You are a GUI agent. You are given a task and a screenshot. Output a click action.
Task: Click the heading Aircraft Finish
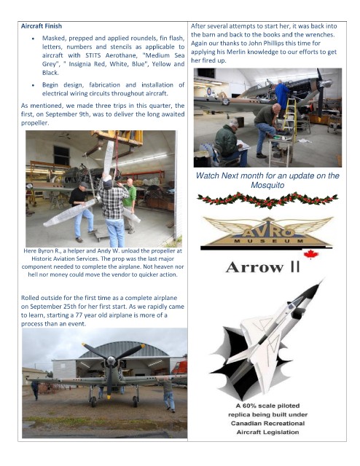(42, 26)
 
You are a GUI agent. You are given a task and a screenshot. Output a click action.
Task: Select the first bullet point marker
(33, 39)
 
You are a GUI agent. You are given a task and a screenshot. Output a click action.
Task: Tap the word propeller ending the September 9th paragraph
(35, 123)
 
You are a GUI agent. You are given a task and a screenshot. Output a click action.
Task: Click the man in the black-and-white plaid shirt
(113, 211)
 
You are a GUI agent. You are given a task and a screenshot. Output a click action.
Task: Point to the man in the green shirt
(130, 205)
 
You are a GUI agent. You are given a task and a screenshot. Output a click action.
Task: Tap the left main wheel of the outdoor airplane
(93, 402)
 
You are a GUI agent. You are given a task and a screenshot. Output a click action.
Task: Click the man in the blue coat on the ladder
(281, 95)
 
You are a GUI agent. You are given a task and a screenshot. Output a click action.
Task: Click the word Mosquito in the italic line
(267, 185)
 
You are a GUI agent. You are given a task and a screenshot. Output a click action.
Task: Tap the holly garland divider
(267, 200)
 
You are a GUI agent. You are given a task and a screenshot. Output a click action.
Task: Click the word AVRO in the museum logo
(268, 232)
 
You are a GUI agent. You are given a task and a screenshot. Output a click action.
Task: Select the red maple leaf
(311, 254)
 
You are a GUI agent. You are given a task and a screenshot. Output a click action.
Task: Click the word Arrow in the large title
(254, 267)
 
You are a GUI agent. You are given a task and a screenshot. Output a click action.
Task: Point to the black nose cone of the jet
(316, 288)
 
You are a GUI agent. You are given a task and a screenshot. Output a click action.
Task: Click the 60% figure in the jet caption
(249, 406)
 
